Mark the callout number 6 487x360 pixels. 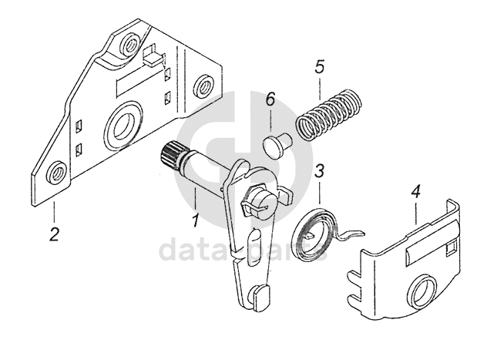(270, 101)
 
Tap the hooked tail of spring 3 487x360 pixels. (354, 233)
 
